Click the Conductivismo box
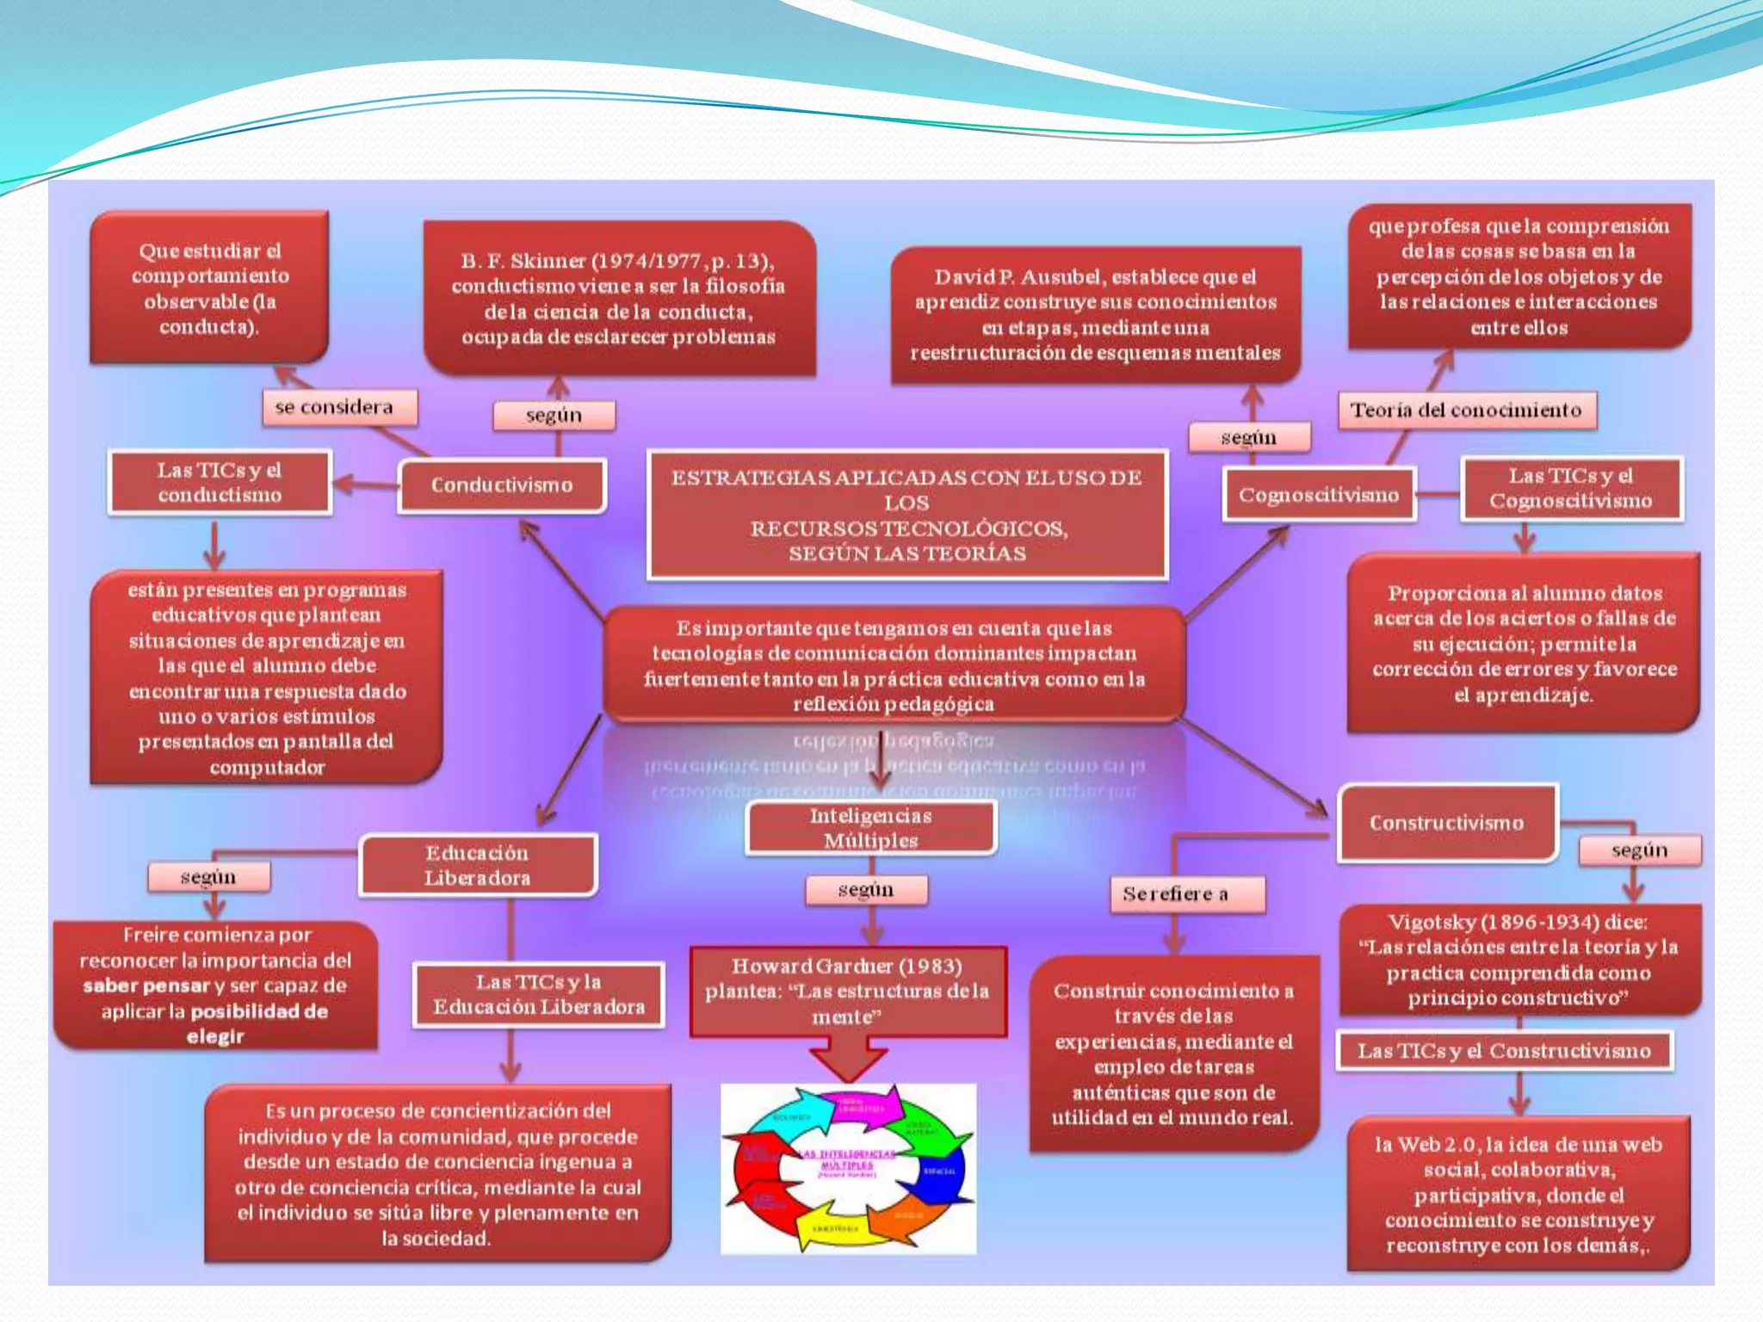502,485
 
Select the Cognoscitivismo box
1318,495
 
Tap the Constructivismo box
1447,823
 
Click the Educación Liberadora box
477,865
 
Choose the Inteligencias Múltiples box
870,828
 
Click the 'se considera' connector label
334,407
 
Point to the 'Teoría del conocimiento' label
1465,410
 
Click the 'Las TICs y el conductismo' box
220,482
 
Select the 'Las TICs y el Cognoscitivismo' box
1571,488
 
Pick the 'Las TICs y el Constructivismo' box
1504,1051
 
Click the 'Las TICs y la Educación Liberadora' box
539,994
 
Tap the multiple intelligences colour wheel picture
848,1168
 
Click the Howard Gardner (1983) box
847,991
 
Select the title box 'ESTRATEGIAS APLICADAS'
906,515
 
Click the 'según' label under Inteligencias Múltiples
866,890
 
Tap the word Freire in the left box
152,936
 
